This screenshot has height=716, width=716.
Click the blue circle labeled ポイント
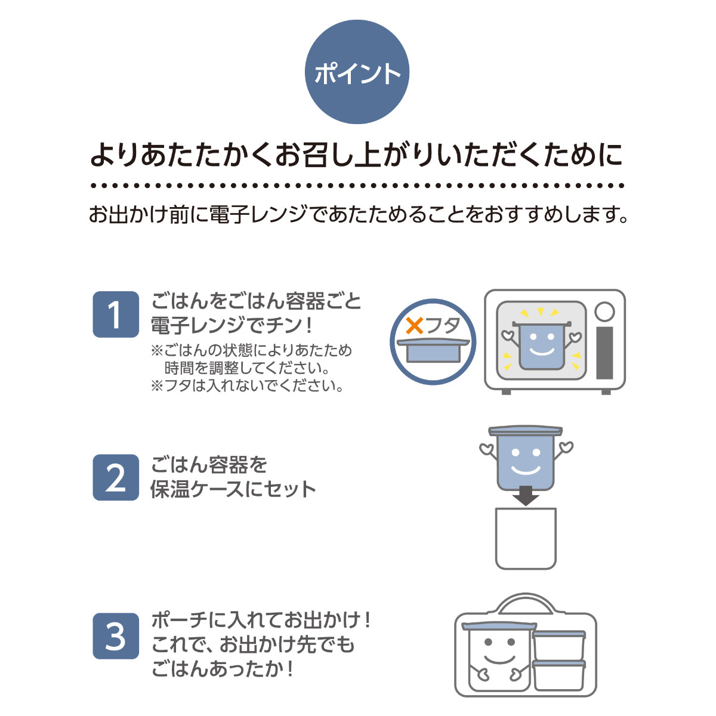tap(357, 72)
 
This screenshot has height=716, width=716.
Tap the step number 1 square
tap(116, 314)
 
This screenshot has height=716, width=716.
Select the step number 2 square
tap(116, 477)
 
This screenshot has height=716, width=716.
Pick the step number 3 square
tap(116, 636)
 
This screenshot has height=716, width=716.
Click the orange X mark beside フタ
tap(414, 326)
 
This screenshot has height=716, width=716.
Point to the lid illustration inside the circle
tap(433, 350)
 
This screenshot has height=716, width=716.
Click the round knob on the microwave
tap(604, 311)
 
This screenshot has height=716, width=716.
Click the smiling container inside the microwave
tap(542, 345)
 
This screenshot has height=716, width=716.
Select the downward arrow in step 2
tap(526, 495)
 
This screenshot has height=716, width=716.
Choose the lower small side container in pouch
tap(559, 675)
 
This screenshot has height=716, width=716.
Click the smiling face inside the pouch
tap(498, 653)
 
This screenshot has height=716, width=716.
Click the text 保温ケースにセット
tap(233, 489)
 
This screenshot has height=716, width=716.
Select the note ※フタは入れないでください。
tap(248, 386)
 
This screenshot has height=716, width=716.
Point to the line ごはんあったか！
tap(223, 669)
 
